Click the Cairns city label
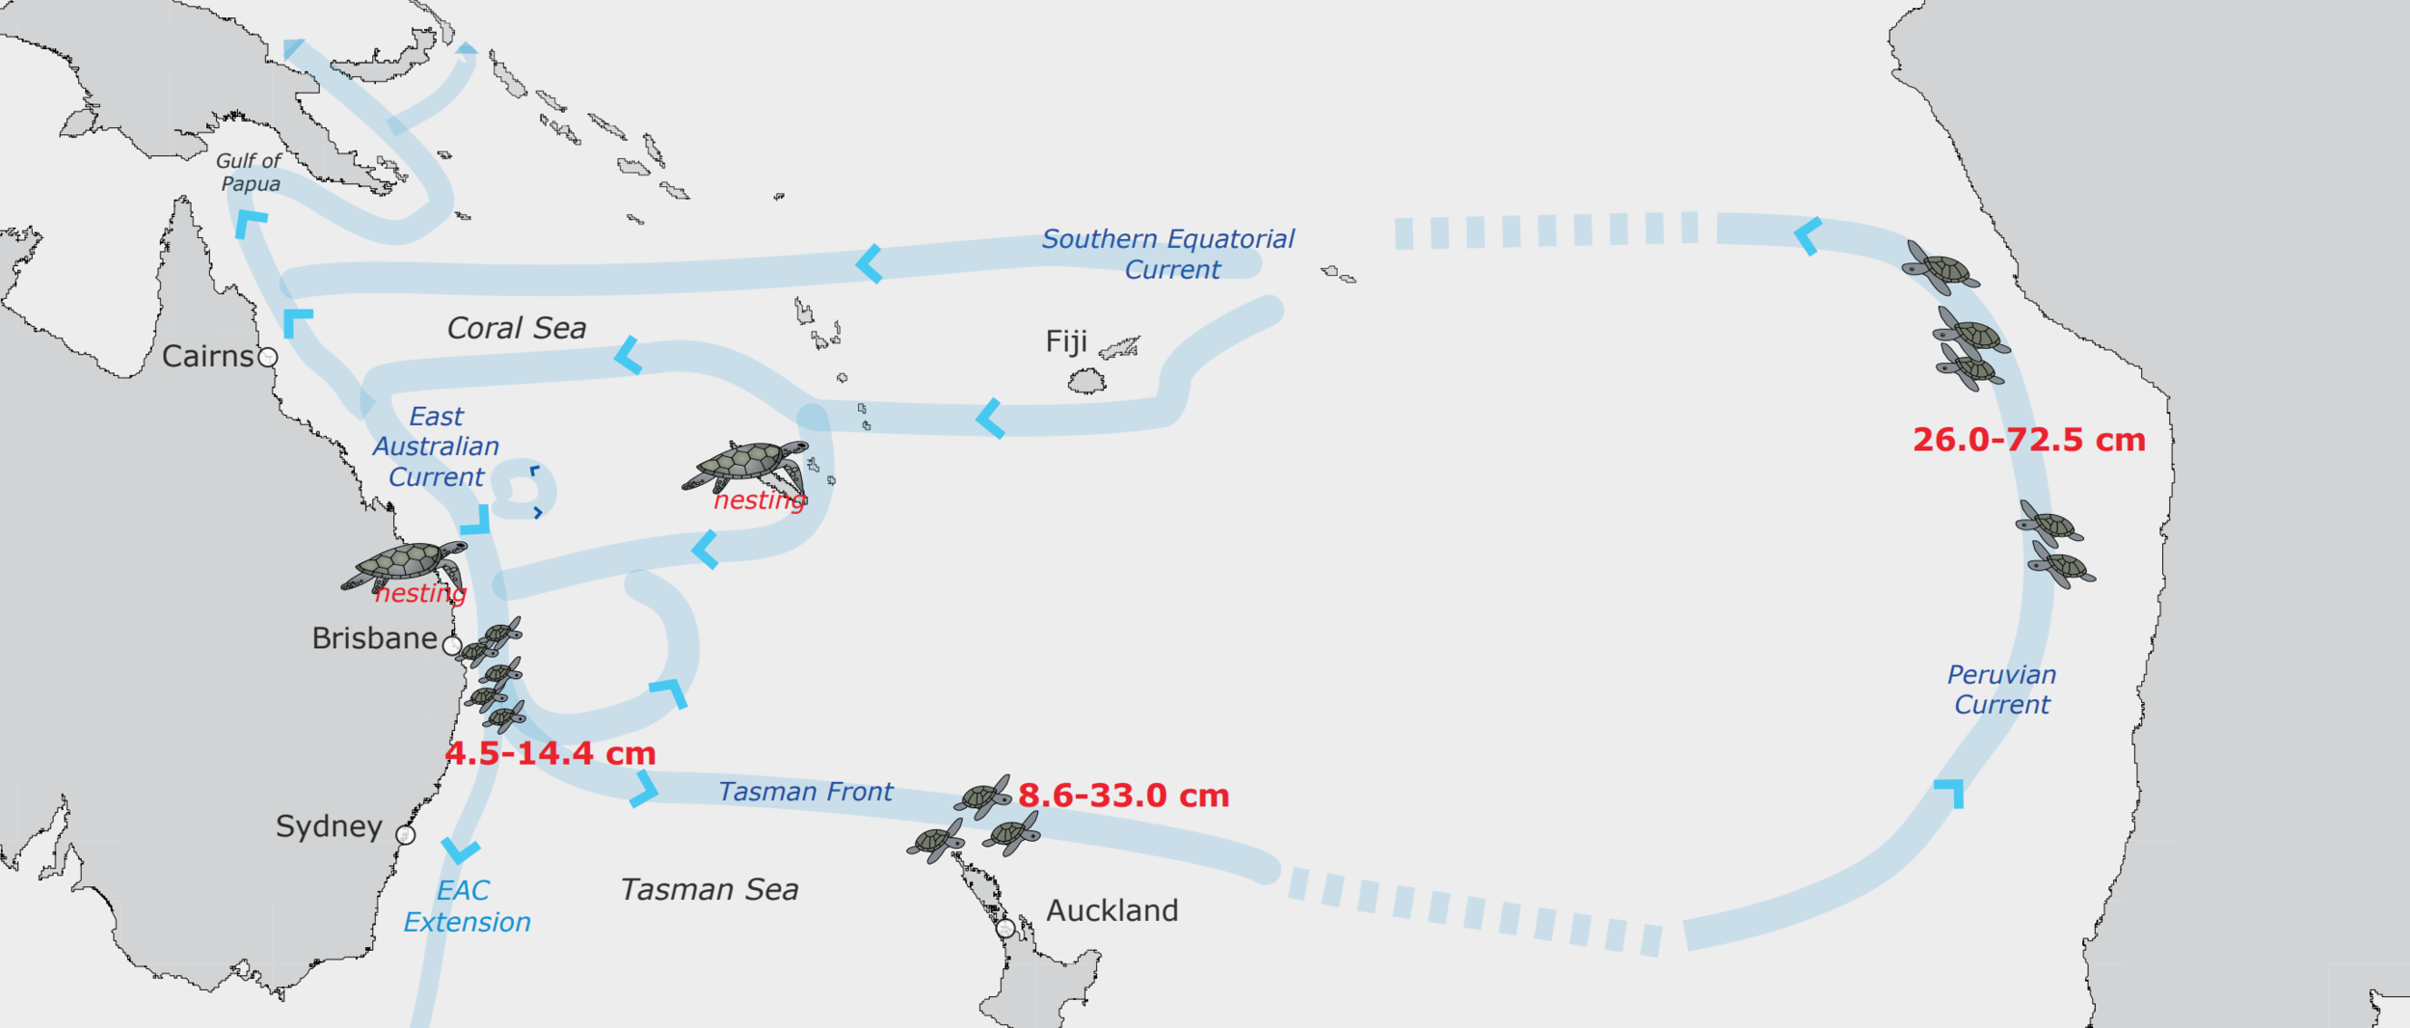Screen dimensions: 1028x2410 coord(207,356)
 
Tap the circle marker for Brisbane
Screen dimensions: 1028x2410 coord(452,646)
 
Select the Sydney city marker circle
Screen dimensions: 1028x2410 coord(406,835)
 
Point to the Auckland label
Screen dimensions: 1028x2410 coord(1111,910)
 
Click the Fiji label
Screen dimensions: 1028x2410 coord(1066,341)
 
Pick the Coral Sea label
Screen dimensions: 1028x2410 coord(516,328)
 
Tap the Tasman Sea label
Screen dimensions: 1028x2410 coord(709,889)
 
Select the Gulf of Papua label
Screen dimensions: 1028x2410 coord(249,173)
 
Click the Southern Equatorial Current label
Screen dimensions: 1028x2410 coord(1168,254)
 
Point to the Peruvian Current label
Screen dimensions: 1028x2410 coord(2001,690)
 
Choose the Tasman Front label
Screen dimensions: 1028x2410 coord(805,792)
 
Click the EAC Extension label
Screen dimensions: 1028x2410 coord(467,906)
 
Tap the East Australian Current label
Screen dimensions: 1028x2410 coord(436,446)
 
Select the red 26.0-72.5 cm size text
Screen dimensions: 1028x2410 coord(2028,440)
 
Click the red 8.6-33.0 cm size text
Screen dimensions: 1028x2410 coord(1123,796)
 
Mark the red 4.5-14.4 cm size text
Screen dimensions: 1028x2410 coord(550,753)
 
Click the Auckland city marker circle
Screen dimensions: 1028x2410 coord(1005,929)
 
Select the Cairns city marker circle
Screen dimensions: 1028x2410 coord(268,358)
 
